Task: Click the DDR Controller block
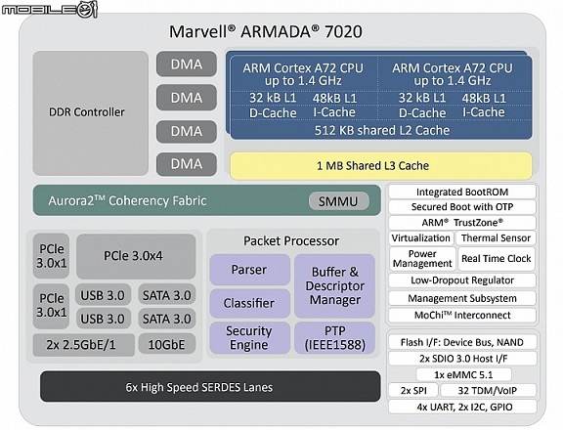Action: click(x=91, y=112)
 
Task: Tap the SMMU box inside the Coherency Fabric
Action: click(x=338, y=201)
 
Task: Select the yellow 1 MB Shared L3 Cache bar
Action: click(x=381, y=166)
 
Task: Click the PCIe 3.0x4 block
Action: click(x=136, y=256)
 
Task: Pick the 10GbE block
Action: click(x=167, y=345)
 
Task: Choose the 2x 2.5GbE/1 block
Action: click(x=84, y=345)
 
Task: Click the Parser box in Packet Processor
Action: click(x=249, y=270)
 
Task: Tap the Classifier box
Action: click(x=249, y=303)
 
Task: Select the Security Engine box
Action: click(x=249, y=338)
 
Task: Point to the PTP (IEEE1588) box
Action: click(x=334, y=338)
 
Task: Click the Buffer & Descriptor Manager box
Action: click(x=334, y=286)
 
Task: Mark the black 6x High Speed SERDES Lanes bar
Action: click(x=210, y=387)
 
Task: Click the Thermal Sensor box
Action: click(x=496, y=238)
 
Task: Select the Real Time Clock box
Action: click(x=497, y=258)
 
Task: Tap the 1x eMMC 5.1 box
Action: click(x=463, y=374)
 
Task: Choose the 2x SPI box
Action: click(x=413, y=391)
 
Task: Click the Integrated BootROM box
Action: click(x=462, y=192)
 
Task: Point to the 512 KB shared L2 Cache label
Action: click(x=382, y=130)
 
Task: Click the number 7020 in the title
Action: click(x=343, y=31)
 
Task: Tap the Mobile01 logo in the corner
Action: click(x=50, y=9)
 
